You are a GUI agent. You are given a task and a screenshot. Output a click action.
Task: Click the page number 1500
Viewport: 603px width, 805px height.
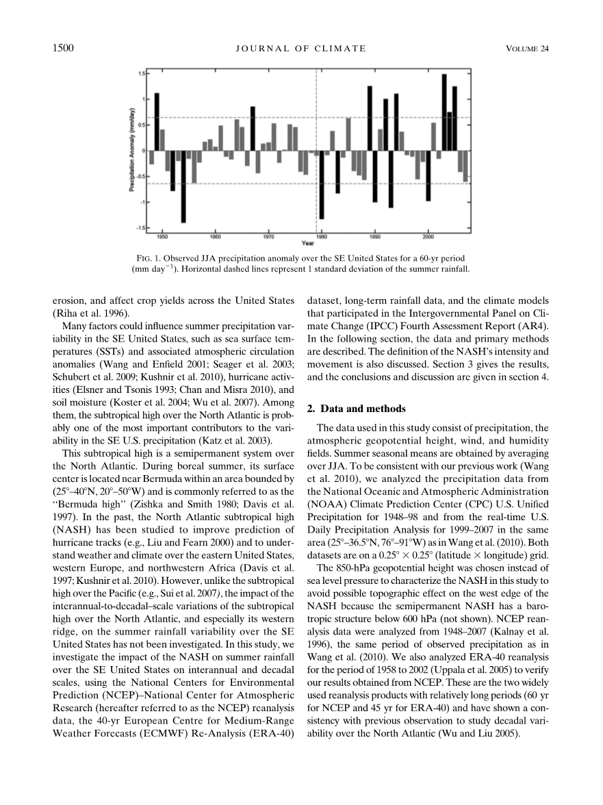pyautogui.click(x=62, y=48)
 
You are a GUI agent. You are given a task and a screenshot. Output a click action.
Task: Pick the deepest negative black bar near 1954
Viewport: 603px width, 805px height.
pyautogui.click(x=183, y=186)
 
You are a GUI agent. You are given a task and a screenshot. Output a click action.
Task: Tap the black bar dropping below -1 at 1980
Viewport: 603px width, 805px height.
pyautogui.click(x=322, y=185)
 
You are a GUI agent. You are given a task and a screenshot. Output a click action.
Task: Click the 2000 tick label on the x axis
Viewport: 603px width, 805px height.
pyautogui.click(x=428, y=236)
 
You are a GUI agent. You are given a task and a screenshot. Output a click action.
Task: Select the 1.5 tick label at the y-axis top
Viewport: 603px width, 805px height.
pyautogui.click(x=141, y=73)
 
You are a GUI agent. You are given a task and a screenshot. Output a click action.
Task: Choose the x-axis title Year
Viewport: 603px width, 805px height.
pyautogui.click(x=308, y=242)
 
